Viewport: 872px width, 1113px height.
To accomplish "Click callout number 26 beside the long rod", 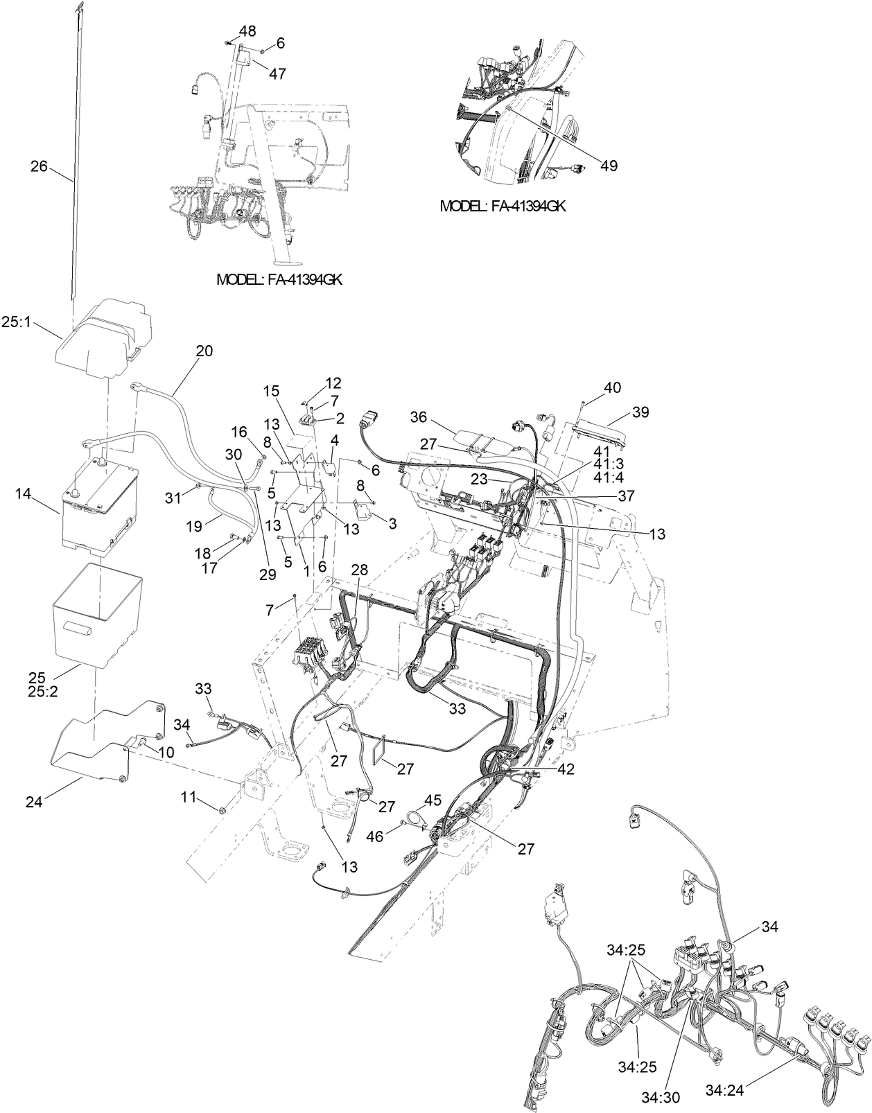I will click(x=40, y=166).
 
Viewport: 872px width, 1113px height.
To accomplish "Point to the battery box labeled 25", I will click(x=97, y=613).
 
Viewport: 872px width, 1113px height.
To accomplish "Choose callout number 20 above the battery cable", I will click(x=204, y=351).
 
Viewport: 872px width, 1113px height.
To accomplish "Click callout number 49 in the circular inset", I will click(x=609, y=166).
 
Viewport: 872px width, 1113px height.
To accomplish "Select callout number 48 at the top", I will click(x=247, y=30).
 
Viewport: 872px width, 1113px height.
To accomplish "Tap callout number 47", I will click(x=277, y=73).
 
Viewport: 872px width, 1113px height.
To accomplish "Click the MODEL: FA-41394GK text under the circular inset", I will click(x=503, y=207).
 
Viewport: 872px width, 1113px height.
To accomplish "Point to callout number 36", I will click(x=418, y=417).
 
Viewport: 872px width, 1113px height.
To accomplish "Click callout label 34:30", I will click(x=660, y=1097).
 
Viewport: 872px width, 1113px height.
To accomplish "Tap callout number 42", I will click(x=566, y=769).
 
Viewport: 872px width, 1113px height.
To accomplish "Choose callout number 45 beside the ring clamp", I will click(x=432, y=800).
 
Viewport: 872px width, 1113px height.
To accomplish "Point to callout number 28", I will click(x=360, y=570).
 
